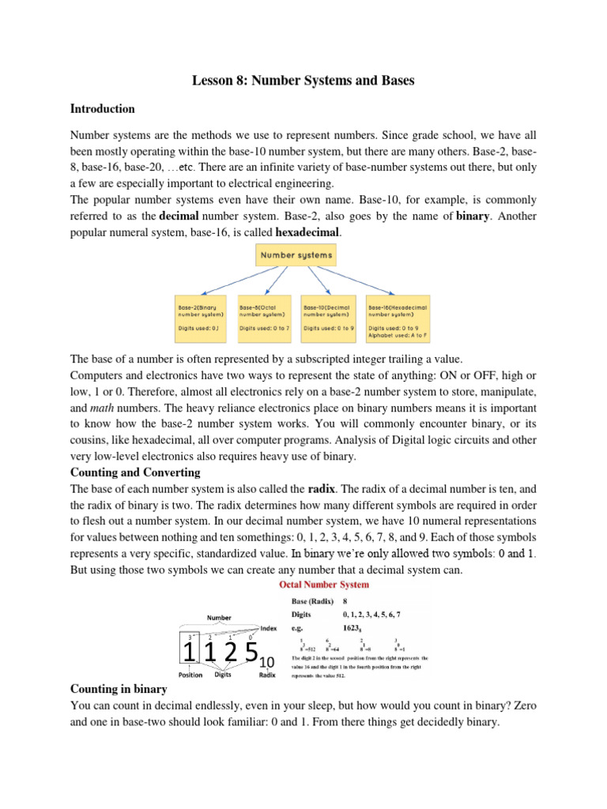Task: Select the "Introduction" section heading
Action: [103, 109]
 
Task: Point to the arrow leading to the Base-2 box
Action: [237, 280]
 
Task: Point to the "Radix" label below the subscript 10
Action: [268, 675]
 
